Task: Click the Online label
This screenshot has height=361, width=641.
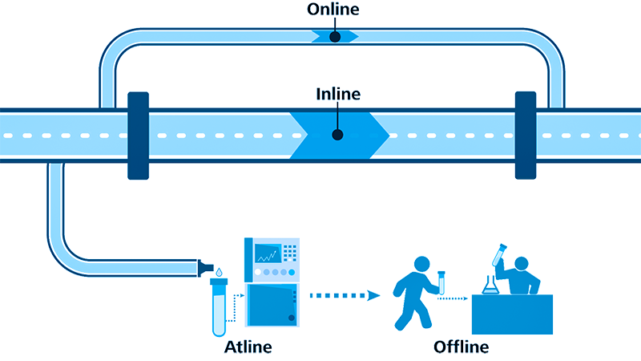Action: coord(334,10)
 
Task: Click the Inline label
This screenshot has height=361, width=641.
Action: coord(337,95)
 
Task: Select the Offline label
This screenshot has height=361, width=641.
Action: coord(461,347)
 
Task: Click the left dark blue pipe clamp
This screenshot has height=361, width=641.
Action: coord(138,135)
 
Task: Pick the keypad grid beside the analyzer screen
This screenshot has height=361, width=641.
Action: coord(288,252)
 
